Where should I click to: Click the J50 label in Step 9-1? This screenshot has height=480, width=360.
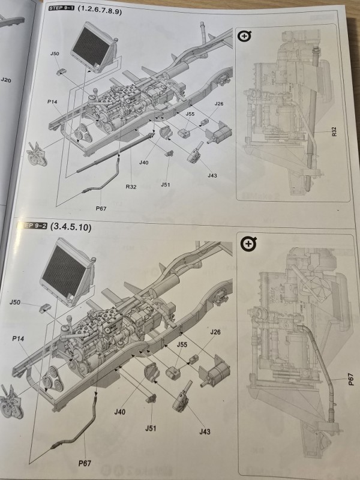(x=55, y=54)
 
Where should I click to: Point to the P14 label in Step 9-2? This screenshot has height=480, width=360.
(x=17, y=338)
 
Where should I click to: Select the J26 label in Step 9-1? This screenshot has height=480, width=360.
(x=218, y=104)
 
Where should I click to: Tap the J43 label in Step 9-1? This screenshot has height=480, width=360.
(x=212, y=175)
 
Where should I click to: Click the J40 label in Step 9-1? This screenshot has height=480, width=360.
(x=144, y=163)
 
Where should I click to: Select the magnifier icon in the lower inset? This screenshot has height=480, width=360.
(x=248, y=244)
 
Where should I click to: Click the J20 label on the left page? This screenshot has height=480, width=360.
(x=6, y=80)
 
